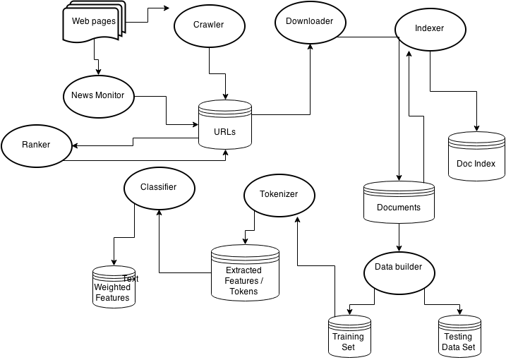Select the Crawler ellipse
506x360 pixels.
pyautogui.click(x=209, y=25)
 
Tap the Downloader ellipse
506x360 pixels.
pyautogui.click(x=309, y=22)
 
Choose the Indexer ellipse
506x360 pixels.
pyautogui.click(x=430, y=29)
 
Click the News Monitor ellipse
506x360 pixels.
pyautogui.click(x=98, y=95)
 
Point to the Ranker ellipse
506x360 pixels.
pyautogui.click(x=36, y=145)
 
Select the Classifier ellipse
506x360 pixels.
pyautogui.click(x=159, y=188)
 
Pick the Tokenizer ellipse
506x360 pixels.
pyautogui.click(x=279, y=194)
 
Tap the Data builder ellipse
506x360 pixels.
pyautogui.click(x=398, y=268)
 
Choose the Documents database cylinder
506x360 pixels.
pyautogui.click(x=399, y=203)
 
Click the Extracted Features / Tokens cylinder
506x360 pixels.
pyautogui.click(x=244, y=275)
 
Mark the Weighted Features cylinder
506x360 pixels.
pyautogui.click(x=113, y=287)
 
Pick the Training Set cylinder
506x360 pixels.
pyautogui.click(x=348, y=337)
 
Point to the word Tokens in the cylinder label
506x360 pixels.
pyautogui.click(x=244, y=291)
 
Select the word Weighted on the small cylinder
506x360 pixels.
pyautogui.click(x=112, y=287)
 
